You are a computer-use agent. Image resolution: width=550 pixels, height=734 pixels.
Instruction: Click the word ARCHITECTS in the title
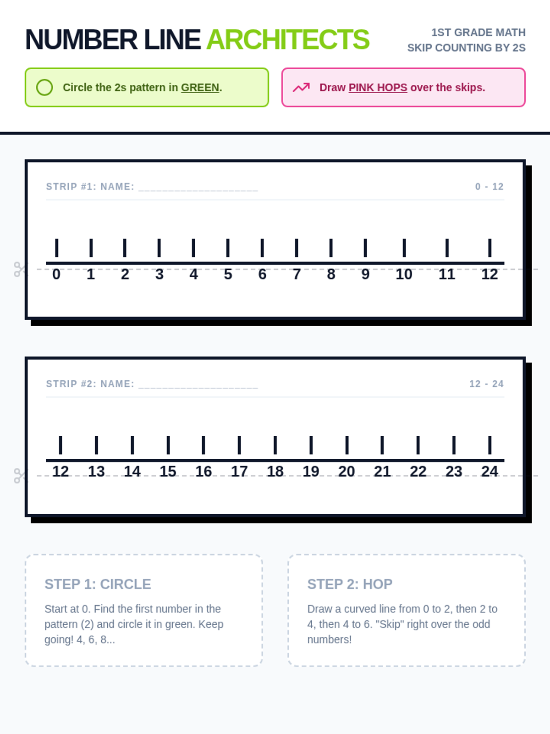click(x=287, y=39)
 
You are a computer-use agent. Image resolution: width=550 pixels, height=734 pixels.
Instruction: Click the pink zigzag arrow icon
click(x=301, y=87)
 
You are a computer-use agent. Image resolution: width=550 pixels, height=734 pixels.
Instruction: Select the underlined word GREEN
click(x=200, y=88)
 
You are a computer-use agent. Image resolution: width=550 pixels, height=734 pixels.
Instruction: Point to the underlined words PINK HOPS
click(x=378, y=88)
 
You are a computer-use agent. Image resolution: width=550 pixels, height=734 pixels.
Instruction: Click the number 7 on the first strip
click(x=297, y=274)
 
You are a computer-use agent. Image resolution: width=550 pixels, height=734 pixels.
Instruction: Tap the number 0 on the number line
click(x=56, y=274)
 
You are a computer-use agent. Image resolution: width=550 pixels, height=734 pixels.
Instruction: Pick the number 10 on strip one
click(x=404, y=274)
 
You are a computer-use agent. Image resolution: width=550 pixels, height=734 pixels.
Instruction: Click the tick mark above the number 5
click(x=228, y=248)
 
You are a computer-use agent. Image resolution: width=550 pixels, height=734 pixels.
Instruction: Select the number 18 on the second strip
click(x=275, y=472)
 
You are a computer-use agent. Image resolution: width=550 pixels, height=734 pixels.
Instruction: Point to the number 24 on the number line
click(x=489, y=472)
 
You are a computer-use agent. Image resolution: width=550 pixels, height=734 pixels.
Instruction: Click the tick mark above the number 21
click(x=382, y=445)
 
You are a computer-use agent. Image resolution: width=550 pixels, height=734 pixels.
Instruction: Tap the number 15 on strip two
click(x=168, y=472)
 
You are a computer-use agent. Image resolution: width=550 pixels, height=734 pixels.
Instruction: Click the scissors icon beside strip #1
click(x=20, y=270)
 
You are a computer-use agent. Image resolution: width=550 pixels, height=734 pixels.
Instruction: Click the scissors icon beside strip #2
click(x=20, y=476)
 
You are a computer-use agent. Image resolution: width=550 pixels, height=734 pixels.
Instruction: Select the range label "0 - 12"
click(x=489, y=187)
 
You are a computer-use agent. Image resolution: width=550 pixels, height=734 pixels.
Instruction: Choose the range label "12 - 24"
click(x=486, y=384)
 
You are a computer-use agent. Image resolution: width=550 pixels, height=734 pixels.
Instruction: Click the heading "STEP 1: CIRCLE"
click(x=98, y=584)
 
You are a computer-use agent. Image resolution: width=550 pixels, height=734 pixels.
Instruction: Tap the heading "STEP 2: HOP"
click(x=350, y=584)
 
